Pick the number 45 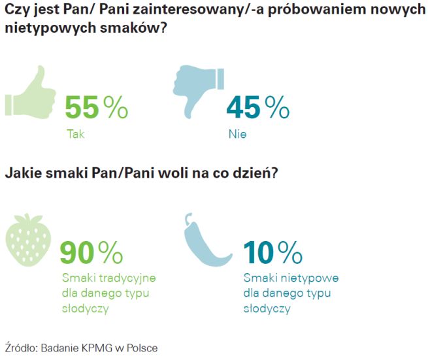243,107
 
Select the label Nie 236,134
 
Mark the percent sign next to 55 116,107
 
